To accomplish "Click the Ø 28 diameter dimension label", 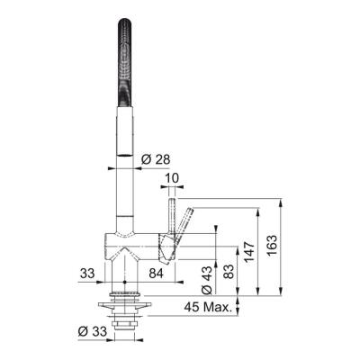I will pyautogui.click(x=155, y=159).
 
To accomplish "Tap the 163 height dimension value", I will pyautogui.click(x=273, y=244).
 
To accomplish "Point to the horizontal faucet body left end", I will pyautogui.click(x=106, y=240).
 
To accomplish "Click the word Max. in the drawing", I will pyautogui.click(x=219, y=307).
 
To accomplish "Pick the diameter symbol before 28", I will pyautogui.click(x=145, y=159).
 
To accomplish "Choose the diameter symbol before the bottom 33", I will pyautogui.click(x=81, y=331).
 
